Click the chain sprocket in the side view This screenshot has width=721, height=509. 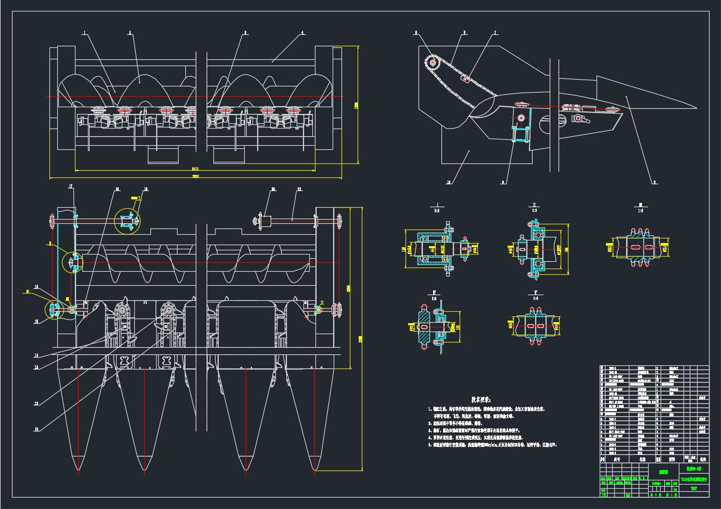(x=432, y=62)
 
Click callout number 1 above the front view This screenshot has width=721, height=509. (x=84, y=33)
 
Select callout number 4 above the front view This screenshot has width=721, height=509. (x=302, y=33)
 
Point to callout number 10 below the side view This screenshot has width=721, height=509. (x=449, y=182)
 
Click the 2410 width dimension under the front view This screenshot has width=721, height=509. (x=195, y=169)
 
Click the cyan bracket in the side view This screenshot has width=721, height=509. (x=522, y=125)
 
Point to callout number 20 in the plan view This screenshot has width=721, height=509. (x=273, y=189)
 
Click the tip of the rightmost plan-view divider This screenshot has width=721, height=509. (x=316, y=470)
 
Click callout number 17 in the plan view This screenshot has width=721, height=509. (x=71, y=187)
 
